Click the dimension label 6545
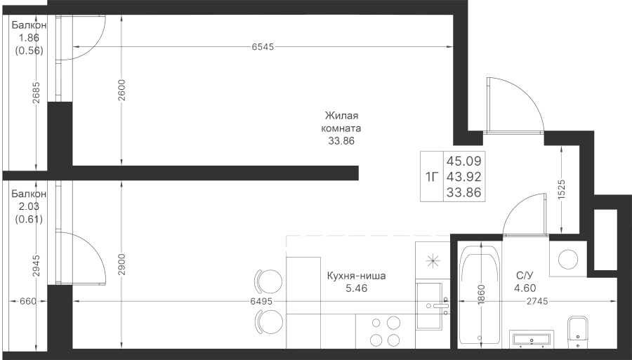[x=263, y=47]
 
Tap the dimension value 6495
[x=261, y=301]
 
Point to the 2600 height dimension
[x=122, y=91]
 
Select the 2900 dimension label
[x=122, y=265]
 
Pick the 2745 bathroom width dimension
[x=537, y=301]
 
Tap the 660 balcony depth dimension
[x=28, y=301]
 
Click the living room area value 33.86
[x=341, y=141]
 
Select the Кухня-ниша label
[x=356, y=276]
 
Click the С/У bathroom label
[x=525, y=276]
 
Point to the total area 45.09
[x=463, y=161]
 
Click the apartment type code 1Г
[x=431, y=176]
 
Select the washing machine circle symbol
[x=568, y=259]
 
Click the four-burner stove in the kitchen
[x=386, y=331]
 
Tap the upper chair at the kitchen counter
[x=268, y=281]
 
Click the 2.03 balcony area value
[x=29, y=206]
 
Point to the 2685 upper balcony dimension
[x=37, y=93]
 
